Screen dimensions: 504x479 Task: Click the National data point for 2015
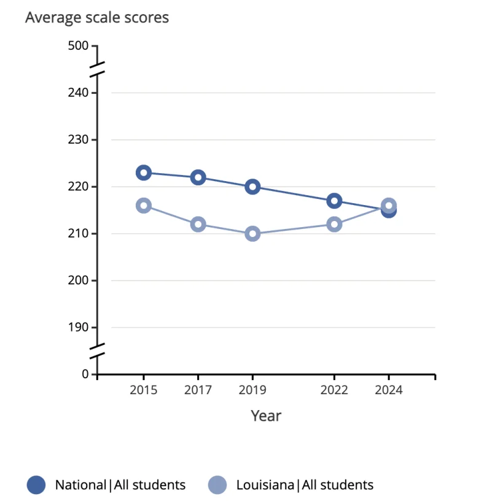tap(144, 173)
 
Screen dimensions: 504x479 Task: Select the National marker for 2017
tap(198, 177)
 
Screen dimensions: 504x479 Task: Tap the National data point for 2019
tap(252, 187)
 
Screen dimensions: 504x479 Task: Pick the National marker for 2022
tap(334, 201)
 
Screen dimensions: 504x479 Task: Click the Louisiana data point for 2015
tap(144, 206)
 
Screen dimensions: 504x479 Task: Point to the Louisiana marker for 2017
tap(198, 224)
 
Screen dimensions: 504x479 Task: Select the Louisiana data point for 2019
tap(252, 234)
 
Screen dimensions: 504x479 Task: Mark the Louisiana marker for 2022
tap(334, 224)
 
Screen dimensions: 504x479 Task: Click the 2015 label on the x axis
tap(144, 390)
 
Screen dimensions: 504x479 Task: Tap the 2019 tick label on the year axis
tap(252, 390)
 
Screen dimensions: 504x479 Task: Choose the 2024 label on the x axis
tap(388, 390)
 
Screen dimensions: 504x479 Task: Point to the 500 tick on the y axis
tap(80, 46)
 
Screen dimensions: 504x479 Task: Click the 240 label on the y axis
tap(80, 93)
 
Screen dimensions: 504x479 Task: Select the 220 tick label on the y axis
tap(80, 187)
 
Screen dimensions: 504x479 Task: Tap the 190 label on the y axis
tap(80, 327)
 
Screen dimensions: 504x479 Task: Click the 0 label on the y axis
tap(86, 374)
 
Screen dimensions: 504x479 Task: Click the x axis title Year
tap(266, 416)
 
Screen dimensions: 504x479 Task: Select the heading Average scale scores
tap(97, 18)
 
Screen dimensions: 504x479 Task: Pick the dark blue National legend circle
tap(37, 485)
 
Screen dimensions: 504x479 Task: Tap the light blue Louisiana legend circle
tap(218, 485)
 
